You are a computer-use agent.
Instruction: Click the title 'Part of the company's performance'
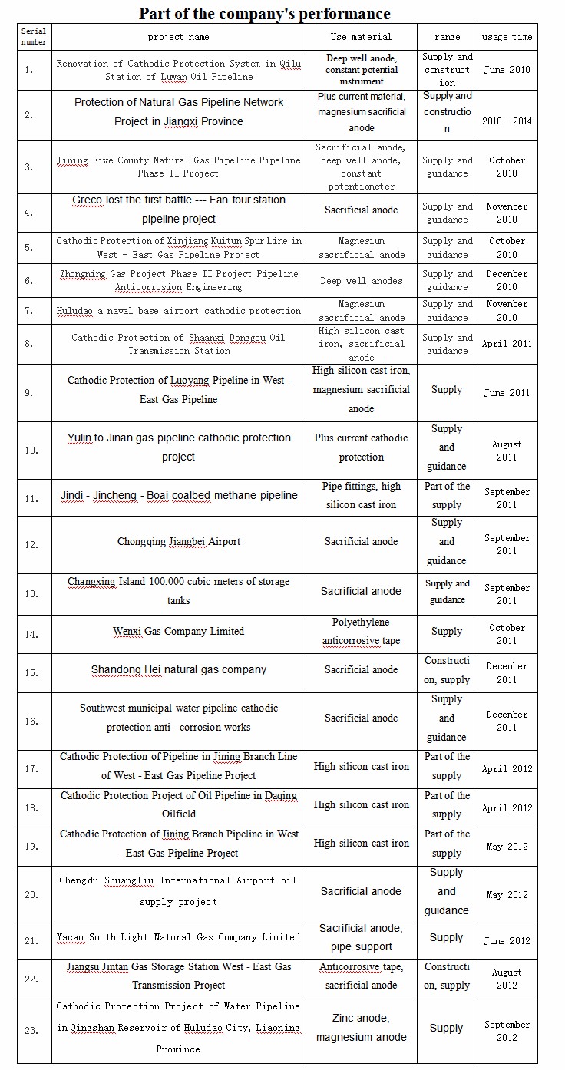264,13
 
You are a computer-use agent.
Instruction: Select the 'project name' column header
178,37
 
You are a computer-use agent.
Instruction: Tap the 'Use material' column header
361,37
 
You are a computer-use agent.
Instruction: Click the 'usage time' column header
507,37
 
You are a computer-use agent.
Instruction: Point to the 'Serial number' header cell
34,37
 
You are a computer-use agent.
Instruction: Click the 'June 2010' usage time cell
507,70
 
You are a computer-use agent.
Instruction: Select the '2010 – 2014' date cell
507,121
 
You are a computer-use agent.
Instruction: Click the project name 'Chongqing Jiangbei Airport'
179,542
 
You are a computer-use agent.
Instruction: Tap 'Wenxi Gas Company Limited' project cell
179,632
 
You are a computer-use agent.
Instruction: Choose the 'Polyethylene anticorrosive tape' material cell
361,632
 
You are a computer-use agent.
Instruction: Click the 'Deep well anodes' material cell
361,281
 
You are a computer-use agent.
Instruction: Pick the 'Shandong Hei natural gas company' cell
179,670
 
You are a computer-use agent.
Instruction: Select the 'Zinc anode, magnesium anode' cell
361,1028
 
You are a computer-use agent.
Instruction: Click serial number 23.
31,1030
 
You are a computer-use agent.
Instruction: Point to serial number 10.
31,451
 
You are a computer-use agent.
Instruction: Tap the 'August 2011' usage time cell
507,451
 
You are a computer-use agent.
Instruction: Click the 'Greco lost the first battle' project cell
179,210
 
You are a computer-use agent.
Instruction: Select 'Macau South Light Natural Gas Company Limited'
179,937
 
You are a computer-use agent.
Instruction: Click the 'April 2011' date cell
507,344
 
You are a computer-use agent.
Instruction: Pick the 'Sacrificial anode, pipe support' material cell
361,937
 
